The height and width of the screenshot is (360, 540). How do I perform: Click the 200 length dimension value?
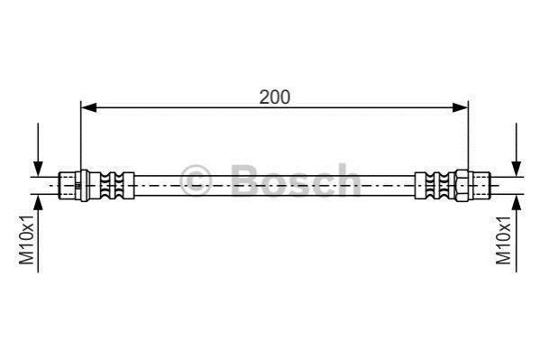pos(274,97)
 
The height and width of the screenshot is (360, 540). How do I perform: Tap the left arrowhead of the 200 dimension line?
pos(88,107)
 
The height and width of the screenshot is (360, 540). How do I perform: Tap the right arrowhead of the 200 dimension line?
pos(460,107)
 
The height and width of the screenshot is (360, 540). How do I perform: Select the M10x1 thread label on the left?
pos(26,240)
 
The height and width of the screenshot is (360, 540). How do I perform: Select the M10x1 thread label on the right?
pos(503,240)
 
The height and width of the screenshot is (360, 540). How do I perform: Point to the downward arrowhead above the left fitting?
pos(38,169)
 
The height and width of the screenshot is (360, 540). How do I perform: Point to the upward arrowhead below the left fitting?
pos(38,202)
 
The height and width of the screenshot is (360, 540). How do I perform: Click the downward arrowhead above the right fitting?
pos(516,169)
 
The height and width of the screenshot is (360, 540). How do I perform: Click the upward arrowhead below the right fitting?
pos(516,202)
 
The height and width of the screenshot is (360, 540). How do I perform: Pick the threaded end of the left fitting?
pos(67,186)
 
